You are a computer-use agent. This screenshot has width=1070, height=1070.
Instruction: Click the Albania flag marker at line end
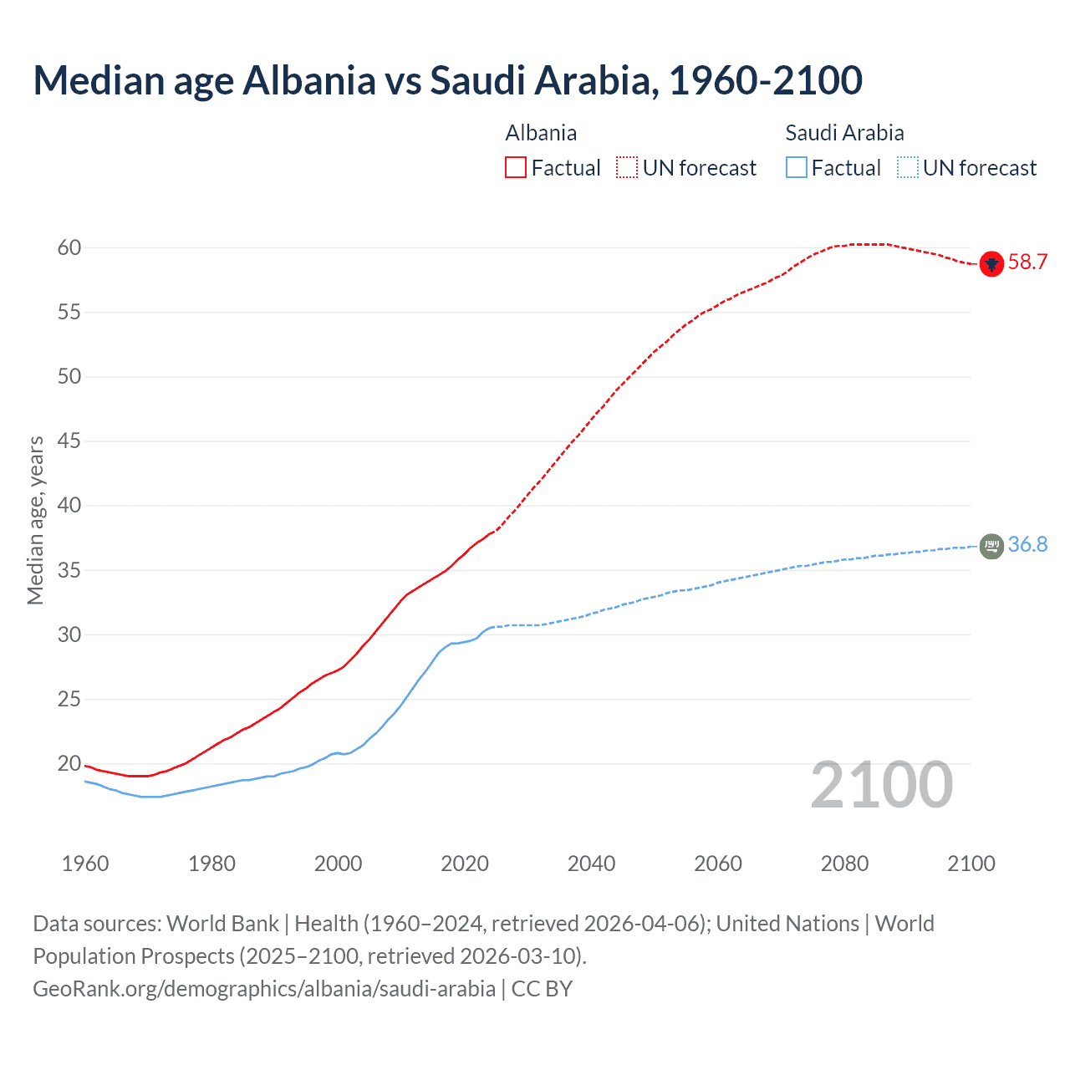pos(991,263)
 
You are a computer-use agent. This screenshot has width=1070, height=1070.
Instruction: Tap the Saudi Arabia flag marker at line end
pos(991,546)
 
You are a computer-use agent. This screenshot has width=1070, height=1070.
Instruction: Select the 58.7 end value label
pos(1027,262)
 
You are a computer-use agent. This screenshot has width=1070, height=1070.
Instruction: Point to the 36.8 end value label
pos(1027,545)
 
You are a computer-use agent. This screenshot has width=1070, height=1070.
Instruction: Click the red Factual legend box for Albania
pos(516,168)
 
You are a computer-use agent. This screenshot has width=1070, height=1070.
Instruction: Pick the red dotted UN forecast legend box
pos(627,168)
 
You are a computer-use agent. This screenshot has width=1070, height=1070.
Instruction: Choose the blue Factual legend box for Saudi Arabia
pos(796,168)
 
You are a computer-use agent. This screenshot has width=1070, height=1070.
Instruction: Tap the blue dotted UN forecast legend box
pos(907,168)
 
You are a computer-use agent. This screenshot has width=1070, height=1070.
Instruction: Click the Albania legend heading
pos(541,133)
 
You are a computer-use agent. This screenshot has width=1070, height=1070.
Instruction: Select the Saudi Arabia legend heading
pos(844,133)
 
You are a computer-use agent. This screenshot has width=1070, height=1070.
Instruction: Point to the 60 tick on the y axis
pos(69,247)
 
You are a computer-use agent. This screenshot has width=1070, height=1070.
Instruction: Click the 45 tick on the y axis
pos(69,441)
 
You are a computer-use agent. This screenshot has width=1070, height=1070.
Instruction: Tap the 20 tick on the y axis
pos(69,764)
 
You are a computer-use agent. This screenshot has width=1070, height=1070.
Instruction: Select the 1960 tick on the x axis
pos(85,864)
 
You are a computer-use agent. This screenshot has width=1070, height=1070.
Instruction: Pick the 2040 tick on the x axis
pos(591,864)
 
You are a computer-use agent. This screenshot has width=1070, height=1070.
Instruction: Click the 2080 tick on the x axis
pos(844,864)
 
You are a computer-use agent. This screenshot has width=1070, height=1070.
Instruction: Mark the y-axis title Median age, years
pos(35,520)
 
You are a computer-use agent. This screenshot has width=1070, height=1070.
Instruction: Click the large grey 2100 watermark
pos(882,785)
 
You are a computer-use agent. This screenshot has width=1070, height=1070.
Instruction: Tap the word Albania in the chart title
pos(308,80)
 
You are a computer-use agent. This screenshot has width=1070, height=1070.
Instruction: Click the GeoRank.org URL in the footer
pos(264,989)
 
